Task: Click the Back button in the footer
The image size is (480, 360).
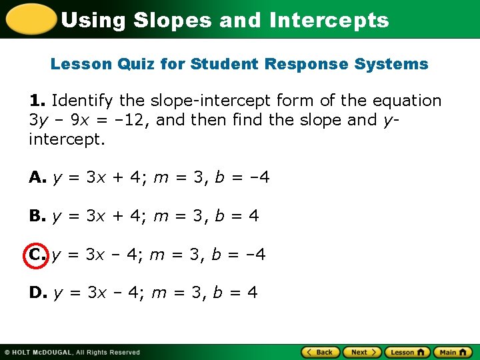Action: (x=321, y=352)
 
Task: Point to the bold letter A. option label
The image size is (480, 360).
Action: (x=37, y=178)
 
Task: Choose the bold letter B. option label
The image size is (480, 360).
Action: (x=37, y=216)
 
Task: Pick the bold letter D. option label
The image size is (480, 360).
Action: (x=37, y=292)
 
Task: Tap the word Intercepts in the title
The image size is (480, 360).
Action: (x=329, y=20)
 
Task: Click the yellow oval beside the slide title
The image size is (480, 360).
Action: (x=30, y=19)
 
